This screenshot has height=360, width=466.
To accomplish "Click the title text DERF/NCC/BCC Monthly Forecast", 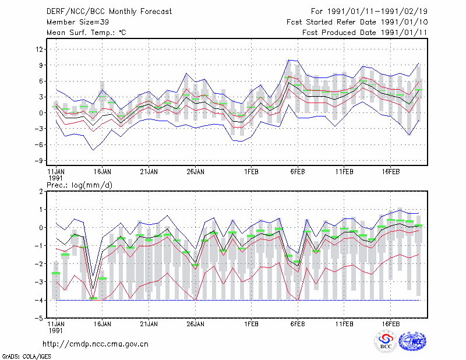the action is (x=109, y=12).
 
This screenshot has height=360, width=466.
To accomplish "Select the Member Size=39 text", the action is (x=78, y=22).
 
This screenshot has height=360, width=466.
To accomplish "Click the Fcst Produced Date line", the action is (x=365, y=33).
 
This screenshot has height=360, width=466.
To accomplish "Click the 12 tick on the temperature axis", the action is (x=40, y=49).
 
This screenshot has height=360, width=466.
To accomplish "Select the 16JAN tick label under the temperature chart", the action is (x=103, y=172).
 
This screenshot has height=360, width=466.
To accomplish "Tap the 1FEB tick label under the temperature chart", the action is (x=252, y=172).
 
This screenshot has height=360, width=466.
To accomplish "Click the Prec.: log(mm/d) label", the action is (x=79, y=185).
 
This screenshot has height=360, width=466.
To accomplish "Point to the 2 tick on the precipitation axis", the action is (x=41, y=192).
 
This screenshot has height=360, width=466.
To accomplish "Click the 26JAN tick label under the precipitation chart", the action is (x=196, y=324).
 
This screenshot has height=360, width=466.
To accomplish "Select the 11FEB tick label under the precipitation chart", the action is (x=344, y=324).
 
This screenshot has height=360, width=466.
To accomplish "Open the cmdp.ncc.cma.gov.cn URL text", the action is (x=96, y=344).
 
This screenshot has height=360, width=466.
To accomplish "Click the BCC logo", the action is (x=386, y=341).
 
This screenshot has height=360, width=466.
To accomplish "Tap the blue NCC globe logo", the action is (x=412, y=341).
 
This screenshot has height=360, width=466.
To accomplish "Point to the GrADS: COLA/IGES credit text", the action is (x=26, y=357).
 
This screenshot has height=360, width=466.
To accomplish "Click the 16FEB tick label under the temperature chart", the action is (x=391, y=172).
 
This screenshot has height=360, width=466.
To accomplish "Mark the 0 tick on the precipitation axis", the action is (x=41, y=228).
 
